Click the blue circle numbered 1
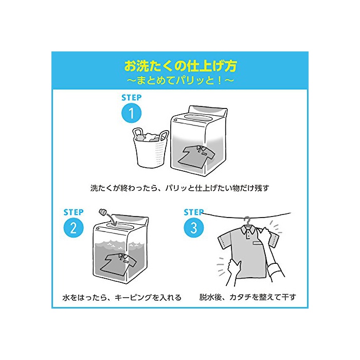[131, 113]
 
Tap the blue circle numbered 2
[74, 228]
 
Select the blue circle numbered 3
[194, 228]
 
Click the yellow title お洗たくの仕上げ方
[180, 66]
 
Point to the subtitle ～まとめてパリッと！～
[180, 80]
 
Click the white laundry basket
[150, 148]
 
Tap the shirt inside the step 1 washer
[196, 156]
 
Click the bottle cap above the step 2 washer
[103, 212]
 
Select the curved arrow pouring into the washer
[113, 218]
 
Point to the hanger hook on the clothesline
[247, 221]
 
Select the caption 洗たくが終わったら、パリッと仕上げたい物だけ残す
[180, 188]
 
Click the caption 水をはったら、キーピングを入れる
[122, 298]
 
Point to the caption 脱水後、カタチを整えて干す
[247, 297]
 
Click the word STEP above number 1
[132, 98]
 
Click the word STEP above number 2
[74, 212]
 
